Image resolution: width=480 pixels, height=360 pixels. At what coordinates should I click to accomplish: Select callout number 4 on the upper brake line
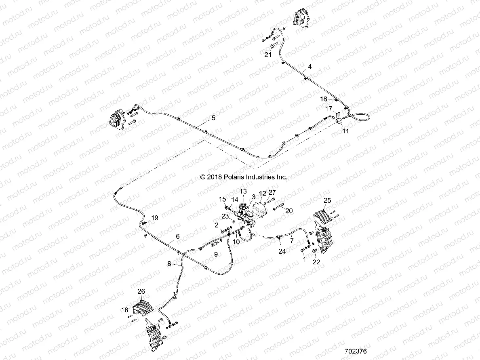point(310,66)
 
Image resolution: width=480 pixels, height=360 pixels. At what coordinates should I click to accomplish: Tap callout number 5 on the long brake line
point(213,118)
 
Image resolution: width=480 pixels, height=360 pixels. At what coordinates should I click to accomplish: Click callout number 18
point(324,99)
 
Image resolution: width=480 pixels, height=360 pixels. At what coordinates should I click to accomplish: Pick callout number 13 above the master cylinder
point(243,191)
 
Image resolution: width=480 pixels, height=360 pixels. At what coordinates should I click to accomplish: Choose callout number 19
point(154,218)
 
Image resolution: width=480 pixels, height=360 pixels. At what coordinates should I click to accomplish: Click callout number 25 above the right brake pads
point(327,200)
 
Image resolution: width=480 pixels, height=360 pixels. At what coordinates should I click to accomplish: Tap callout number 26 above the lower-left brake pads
point(141,291)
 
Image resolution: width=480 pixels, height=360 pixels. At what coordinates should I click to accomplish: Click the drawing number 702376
point(356,352)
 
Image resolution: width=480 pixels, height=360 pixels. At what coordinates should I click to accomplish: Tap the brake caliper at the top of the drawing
point(299,18)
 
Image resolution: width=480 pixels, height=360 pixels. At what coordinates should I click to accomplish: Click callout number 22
point(316,262)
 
